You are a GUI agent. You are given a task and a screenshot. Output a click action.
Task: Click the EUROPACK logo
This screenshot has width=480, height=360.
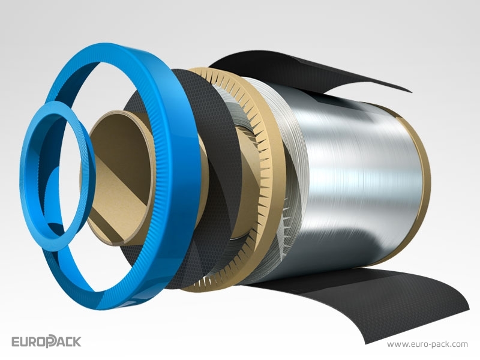click(x=46, y=341)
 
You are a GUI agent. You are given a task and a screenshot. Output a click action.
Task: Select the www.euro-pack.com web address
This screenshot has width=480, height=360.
click(x=427, y=344)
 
